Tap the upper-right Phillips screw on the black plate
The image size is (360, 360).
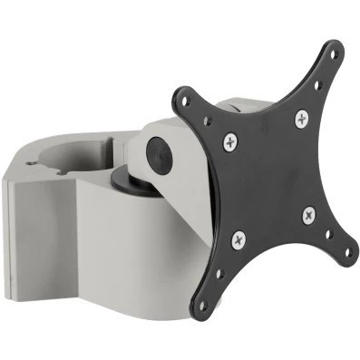(300, 117)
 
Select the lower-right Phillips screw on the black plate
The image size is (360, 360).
(309, 214)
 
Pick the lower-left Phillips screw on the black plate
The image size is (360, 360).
(238, 239)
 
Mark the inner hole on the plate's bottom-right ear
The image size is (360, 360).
(332, 226)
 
